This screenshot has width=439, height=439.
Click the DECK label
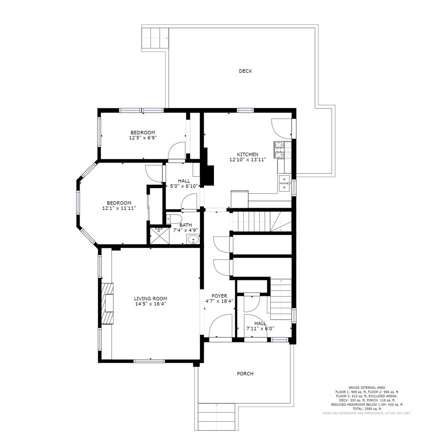[245, 71]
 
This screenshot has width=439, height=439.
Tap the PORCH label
[245, 374]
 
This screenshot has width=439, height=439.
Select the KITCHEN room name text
[247, 155]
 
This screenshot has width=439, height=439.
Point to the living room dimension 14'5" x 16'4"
[150, 304]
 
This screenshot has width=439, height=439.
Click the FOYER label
[219, 296]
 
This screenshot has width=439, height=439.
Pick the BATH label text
[186, 225]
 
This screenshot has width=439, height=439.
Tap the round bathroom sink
[193, 239]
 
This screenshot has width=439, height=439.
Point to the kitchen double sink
[285, 183]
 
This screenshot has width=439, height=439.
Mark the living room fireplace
[108, 304]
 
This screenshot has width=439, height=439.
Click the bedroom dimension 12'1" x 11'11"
[119, 209]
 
